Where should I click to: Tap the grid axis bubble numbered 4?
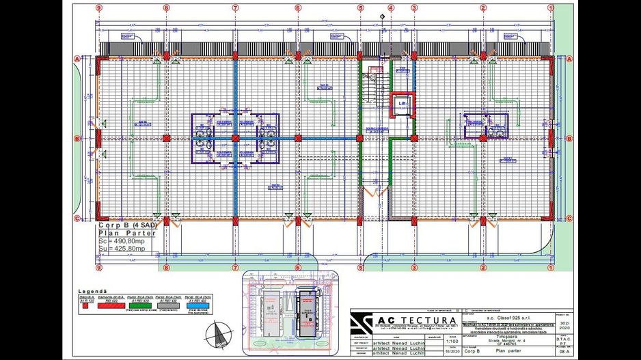[391, 8]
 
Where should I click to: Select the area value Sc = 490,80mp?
[122, 240]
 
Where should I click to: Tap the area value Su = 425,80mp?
[122, 248]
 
